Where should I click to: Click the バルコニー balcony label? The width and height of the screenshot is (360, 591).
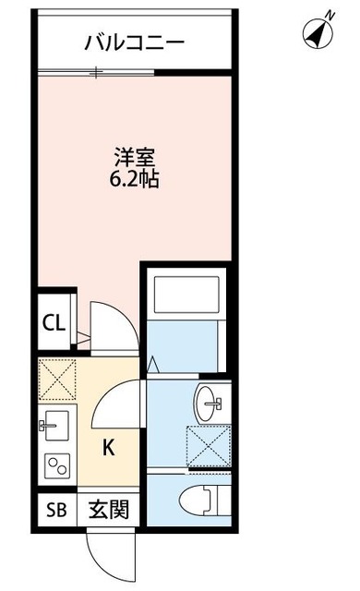[x=134, y=42]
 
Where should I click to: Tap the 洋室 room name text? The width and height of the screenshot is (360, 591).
[x=134, y=158]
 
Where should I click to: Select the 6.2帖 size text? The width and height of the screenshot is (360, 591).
[x=134, y=179]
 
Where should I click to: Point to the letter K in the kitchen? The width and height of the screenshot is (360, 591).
[x=108, y=449]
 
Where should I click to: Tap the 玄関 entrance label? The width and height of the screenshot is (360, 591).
[x=108, y=509]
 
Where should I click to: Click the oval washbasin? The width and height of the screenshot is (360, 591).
[x=208, y=400]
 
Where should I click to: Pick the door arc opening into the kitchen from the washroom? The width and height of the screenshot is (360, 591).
[x=120, y=399]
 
